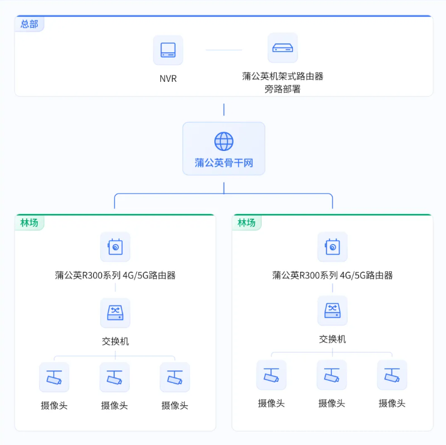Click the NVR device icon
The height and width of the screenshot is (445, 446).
(x=168, y=50)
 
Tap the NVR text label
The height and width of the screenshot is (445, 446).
(x=168, y=79)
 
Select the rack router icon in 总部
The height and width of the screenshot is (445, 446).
(x=283, y=48)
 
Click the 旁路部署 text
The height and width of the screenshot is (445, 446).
(x=283, y=89)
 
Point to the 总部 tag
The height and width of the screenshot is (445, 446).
(x=29, y=24)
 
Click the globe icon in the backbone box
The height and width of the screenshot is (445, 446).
(x=224, y=141)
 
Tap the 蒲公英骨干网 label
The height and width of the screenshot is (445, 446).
(x=224, y=163)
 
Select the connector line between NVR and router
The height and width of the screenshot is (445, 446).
(x=224, y=50)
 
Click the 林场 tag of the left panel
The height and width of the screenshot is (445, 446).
(x=29, y=222)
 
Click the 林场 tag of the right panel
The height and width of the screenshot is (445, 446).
(x=247, y=222)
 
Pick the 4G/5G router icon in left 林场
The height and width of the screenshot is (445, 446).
(x=115, y=247)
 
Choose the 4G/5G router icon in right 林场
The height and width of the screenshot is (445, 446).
(x=333, y=247)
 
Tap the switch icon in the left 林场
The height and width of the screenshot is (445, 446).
(x=115, y=313)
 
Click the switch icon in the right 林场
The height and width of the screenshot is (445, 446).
(x=333, y=310)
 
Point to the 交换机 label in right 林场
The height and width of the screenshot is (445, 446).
(x=333, y=339)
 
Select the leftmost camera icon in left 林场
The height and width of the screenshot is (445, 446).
(x=54, y=377)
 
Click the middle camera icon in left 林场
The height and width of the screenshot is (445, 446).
(x=114, y=377)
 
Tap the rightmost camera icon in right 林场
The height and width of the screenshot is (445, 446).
(x=392, y=375)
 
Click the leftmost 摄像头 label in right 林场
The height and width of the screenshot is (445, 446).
(x=271, y=404)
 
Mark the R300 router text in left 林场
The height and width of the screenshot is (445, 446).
(x=115, y=275)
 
